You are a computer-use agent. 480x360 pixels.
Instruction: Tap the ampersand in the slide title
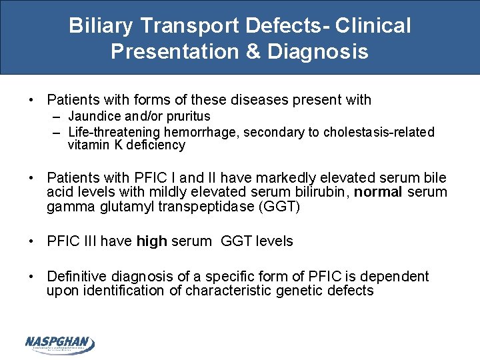point(253,52)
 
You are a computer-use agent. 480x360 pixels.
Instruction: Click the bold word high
point(151,241)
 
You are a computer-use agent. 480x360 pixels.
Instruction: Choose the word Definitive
point(77,276)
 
